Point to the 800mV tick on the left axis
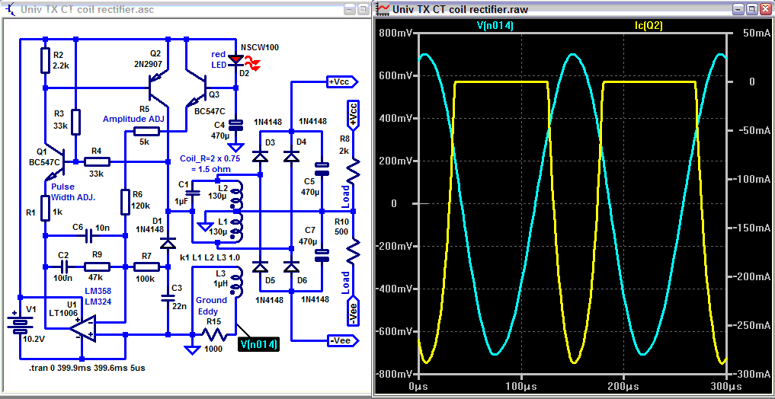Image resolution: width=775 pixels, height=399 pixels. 397,34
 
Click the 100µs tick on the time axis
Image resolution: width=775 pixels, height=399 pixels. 521,387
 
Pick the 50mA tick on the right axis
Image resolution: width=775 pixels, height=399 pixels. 743,34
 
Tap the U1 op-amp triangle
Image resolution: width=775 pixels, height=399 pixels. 81,329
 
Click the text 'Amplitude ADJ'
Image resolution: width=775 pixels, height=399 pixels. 134,120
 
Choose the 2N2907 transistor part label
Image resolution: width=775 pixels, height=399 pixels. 156,65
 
